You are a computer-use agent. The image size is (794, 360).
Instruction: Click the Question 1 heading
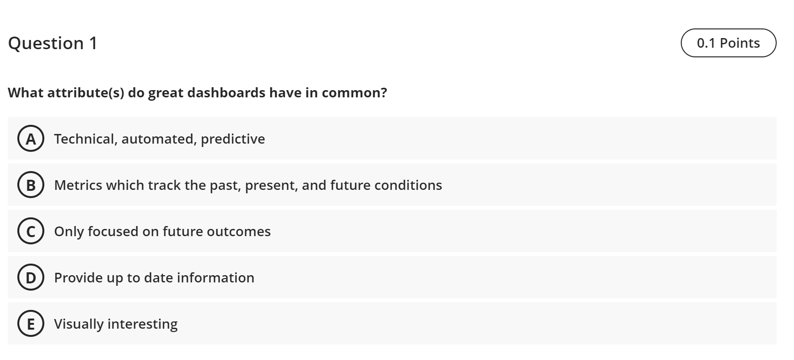(x=53, y=43)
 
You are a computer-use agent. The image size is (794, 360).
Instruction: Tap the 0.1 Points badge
(x=728, y=43)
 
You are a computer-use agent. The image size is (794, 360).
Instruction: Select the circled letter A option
(x=31, y=139)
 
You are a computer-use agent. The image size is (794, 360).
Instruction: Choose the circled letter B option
(x=31, y=185)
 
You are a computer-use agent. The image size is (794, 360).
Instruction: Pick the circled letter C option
(x=31, y=231)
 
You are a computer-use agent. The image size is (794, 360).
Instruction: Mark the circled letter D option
(x=31, y=278)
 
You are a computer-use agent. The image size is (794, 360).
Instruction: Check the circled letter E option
(x=31, y=324)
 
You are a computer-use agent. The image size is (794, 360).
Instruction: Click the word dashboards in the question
(x=226, y=93)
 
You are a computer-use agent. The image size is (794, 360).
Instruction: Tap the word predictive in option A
(x=233, y=139)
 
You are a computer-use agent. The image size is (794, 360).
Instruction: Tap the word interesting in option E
(x=143, y=324)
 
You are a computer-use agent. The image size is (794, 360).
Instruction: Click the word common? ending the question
(x=354, y=93)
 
